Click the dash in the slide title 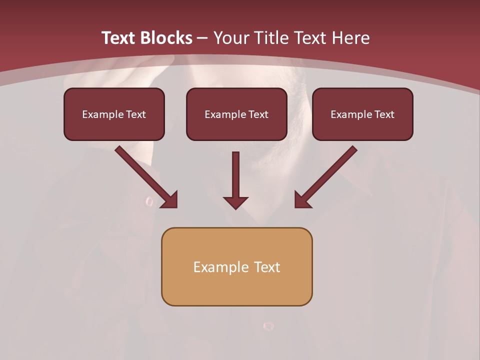(203, 38)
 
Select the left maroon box (114, 114)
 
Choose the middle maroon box (236, 114)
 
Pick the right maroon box (362, 114)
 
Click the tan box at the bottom (236, 266)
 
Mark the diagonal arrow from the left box (145, 176)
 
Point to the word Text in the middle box (258, 114)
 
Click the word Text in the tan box (266, 267)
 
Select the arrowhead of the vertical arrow (235, 202)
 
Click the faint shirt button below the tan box (268, 326)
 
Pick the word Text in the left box (135, 114)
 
